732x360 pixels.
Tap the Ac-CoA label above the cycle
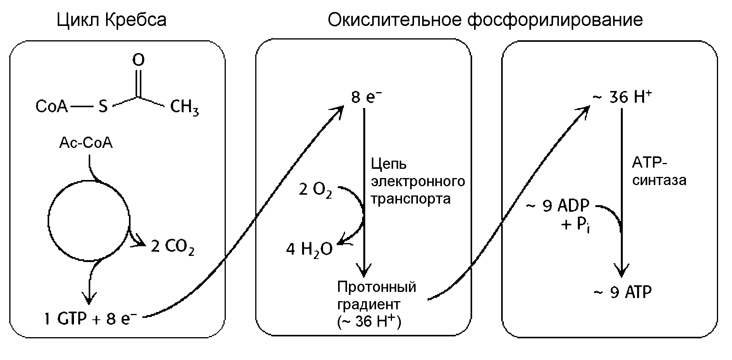click(86, 143)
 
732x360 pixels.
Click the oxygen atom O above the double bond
click(138, 60)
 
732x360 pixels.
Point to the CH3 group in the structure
click(184, 107)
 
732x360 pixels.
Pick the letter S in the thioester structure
click(103, 106)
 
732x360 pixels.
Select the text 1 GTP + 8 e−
click(91, 320)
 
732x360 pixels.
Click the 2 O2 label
click(315, 190)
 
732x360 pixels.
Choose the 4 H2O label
click(309, 249)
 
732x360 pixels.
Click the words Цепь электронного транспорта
click(418, 181)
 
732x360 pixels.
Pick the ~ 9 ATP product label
click(622, 293)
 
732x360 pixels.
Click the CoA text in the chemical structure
click(52, 106)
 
